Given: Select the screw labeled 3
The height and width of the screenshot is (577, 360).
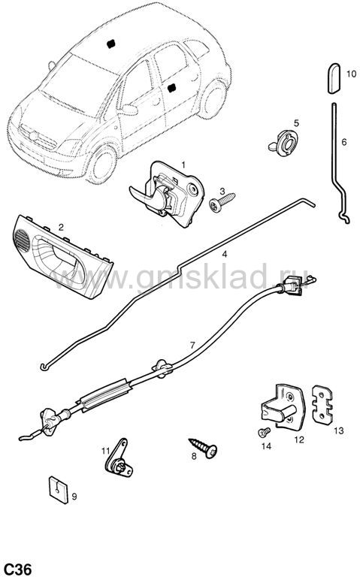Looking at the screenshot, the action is click(222, 202).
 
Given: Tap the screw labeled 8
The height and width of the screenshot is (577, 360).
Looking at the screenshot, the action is click(203, 448).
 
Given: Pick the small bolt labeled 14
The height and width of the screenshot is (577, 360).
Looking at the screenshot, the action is click(264, 432).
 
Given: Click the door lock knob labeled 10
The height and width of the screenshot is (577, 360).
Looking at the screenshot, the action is click(334, 78).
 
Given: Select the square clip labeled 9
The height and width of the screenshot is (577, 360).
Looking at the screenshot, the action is click(59, 490).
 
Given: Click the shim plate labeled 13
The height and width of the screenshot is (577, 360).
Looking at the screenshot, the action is click(322, 404).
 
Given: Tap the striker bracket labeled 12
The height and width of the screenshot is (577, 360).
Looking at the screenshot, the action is click(283, 406).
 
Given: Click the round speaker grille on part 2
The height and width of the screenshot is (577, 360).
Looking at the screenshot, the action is click(23, 241).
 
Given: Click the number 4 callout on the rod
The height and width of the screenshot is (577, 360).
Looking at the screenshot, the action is click(224, 254).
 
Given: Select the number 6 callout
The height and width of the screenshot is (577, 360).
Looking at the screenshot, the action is click(343, 142).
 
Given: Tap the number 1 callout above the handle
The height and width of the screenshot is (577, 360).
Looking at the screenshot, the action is click(183, 165).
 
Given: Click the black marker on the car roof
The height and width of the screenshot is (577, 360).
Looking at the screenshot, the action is click(110, 44).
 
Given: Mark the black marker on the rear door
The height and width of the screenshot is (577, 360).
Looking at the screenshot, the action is click(171, 89).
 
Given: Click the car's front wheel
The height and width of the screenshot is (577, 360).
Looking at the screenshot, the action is click(102, 165).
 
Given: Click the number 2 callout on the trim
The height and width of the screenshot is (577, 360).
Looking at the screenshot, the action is click(61, 227).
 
